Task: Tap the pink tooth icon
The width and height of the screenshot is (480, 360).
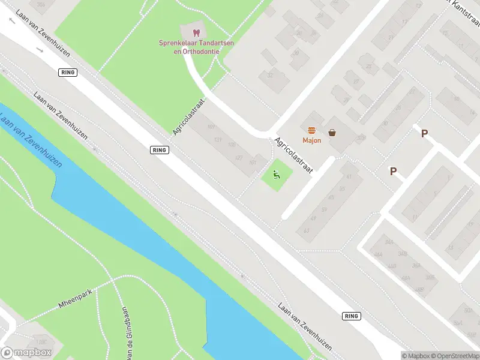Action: (196, 32)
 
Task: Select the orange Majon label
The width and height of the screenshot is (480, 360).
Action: (311, 140)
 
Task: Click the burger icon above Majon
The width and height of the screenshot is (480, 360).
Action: (311, 131)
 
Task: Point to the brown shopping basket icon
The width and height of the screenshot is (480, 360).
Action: (332, 132)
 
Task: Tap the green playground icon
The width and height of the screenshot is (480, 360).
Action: (277, 175)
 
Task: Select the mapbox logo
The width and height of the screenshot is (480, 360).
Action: (25, 353)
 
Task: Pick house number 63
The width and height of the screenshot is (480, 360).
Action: (306, 230)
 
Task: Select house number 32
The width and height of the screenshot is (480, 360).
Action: (270, 75)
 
